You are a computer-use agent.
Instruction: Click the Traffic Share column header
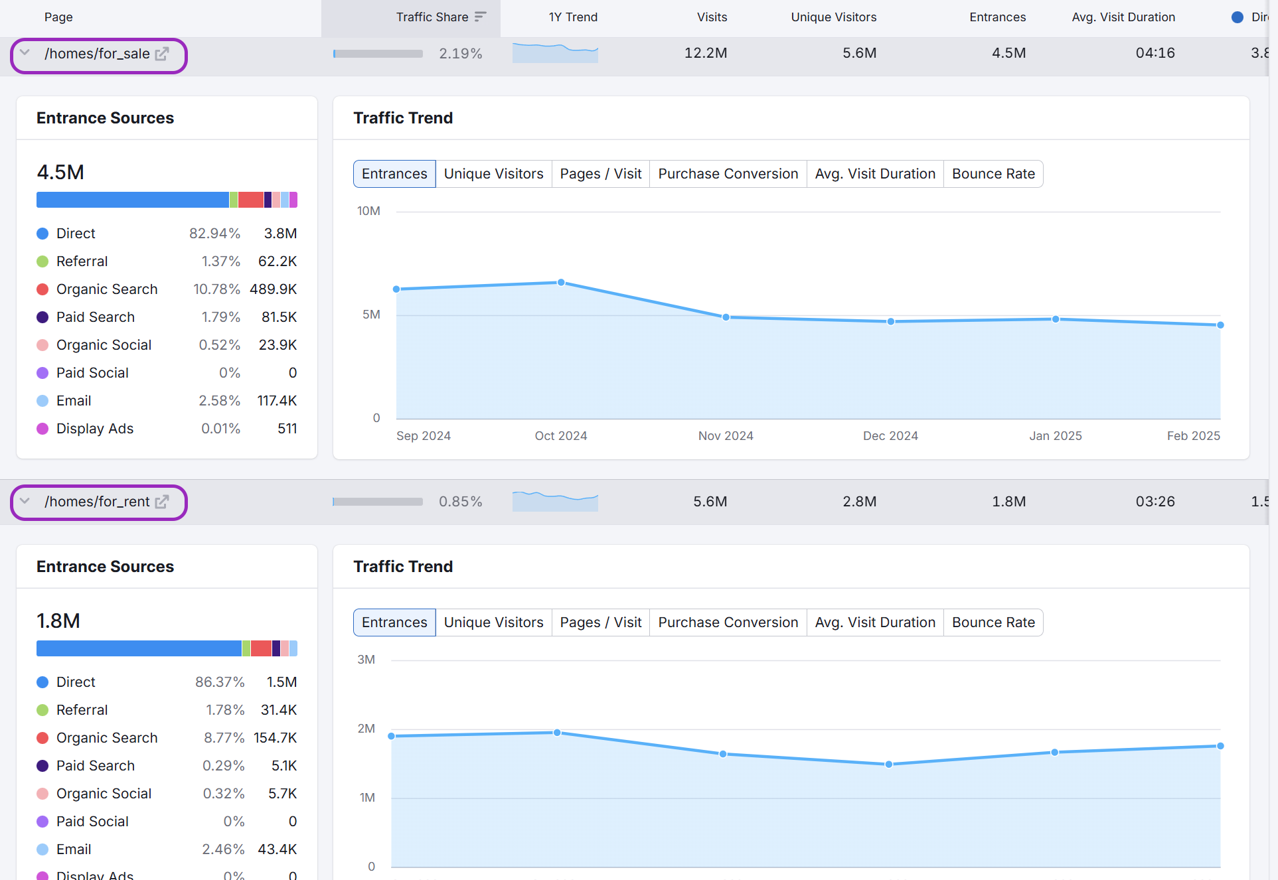click(432, 17)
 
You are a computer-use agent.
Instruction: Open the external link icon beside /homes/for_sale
click(162, 54)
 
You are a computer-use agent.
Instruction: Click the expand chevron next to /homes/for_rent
click(25, 501)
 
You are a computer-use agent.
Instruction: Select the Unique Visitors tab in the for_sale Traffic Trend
click(493, 174)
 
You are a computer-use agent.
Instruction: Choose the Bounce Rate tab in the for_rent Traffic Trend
click(993, 623)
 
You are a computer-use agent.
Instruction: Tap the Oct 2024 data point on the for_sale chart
click(561, 283)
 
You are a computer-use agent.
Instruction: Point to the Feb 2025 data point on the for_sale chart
click(1220, 325)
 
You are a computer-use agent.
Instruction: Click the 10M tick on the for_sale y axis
click(368, 211)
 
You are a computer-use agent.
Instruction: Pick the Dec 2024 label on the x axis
click(890, 436)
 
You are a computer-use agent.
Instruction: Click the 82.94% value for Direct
click(214, 234)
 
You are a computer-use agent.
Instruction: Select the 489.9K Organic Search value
click(273, 289)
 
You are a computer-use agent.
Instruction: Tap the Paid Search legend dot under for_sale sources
click(42, 317)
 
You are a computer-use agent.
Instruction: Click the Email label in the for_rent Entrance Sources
click(74, 849)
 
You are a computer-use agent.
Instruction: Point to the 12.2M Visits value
click(706, 53)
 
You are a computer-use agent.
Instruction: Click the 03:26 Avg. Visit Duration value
click(1155, 502)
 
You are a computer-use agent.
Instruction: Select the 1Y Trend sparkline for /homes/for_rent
click(555, 502)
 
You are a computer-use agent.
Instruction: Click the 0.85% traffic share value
click(460, 502)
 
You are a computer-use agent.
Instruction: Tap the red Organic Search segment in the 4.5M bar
click(251, 200)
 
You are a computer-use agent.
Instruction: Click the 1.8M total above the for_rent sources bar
click(58, 621)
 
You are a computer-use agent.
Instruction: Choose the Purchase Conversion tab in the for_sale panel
click(728, 174)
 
